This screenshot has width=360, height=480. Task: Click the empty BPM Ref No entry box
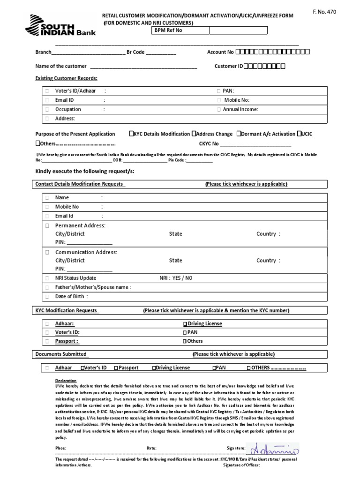coord(238,30)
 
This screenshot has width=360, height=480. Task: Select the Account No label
coord(220,52)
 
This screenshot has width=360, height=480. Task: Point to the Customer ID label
coord(228,66)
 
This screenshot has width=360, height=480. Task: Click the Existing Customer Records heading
coord(67,78)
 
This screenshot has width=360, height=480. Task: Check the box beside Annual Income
coord(219,110)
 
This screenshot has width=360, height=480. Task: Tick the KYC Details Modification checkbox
coord(131,134)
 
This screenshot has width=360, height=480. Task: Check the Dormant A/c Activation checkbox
coord(239,134)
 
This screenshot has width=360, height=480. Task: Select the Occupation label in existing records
coord(68,110)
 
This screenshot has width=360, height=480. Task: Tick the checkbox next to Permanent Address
coord(47,225)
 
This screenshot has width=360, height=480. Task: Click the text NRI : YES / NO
coord(176,278)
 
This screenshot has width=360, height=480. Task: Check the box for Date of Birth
coord(47,296)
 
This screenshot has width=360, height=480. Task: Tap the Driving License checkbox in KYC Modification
coord(185,324)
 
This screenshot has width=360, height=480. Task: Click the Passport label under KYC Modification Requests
coord(67,341)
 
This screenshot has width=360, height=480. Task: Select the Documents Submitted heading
coord(61,354)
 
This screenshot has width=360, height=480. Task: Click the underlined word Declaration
coord(66,381)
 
